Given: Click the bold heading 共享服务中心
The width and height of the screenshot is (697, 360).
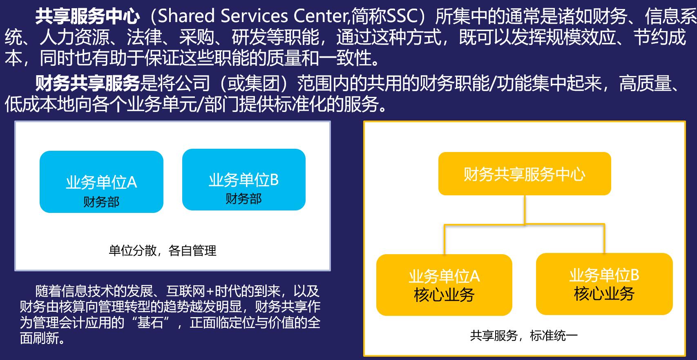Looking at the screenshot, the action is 87,16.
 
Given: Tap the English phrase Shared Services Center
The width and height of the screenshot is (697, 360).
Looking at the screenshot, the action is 254,16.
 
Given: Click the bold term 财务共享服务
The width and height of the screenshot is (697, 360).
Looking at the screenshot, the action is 87,83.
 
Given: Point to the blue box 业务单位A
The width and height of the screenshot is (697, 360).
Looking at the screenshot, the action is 101,182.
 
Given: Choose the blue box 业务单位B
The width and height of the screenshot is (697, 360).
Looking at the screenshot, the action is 244,179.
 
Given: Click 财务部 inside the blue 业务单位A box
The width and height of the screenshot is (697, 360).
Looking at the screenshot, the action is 101,202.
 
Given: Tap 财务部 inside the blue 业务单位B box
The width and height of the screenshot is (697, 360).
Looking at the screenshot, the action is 244,199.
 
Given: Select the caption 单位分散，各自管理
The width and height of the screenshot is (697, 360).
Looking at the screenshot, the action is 163,250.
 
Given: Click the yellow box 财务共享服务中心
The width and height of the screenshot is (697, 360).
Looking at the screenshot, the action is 525,174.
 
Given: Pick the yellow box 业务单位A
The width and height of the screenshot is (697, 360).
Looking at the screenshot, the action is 444,285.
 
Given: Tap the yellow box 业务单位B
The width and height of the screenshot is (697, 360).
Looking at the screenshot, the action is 604,284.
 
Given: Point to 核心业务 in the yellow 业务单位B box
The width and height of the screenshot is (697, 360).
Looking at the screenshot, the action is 604,294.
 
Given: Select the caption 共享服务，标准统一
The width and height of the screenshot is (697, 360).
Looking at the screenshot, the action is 524,336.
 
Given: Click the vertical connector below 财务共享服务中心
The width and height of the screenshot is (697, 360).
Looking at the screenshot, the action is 525,209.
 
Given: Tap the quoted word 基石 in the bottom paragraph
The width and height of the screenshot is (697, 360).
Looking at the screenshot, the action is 151,322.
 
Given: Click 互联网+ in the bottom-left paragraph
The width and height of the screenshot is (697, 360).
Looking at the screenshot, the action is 190,291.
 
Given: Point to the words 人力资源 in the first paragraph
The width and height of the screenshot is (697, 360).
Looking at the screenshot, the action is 75,37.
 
